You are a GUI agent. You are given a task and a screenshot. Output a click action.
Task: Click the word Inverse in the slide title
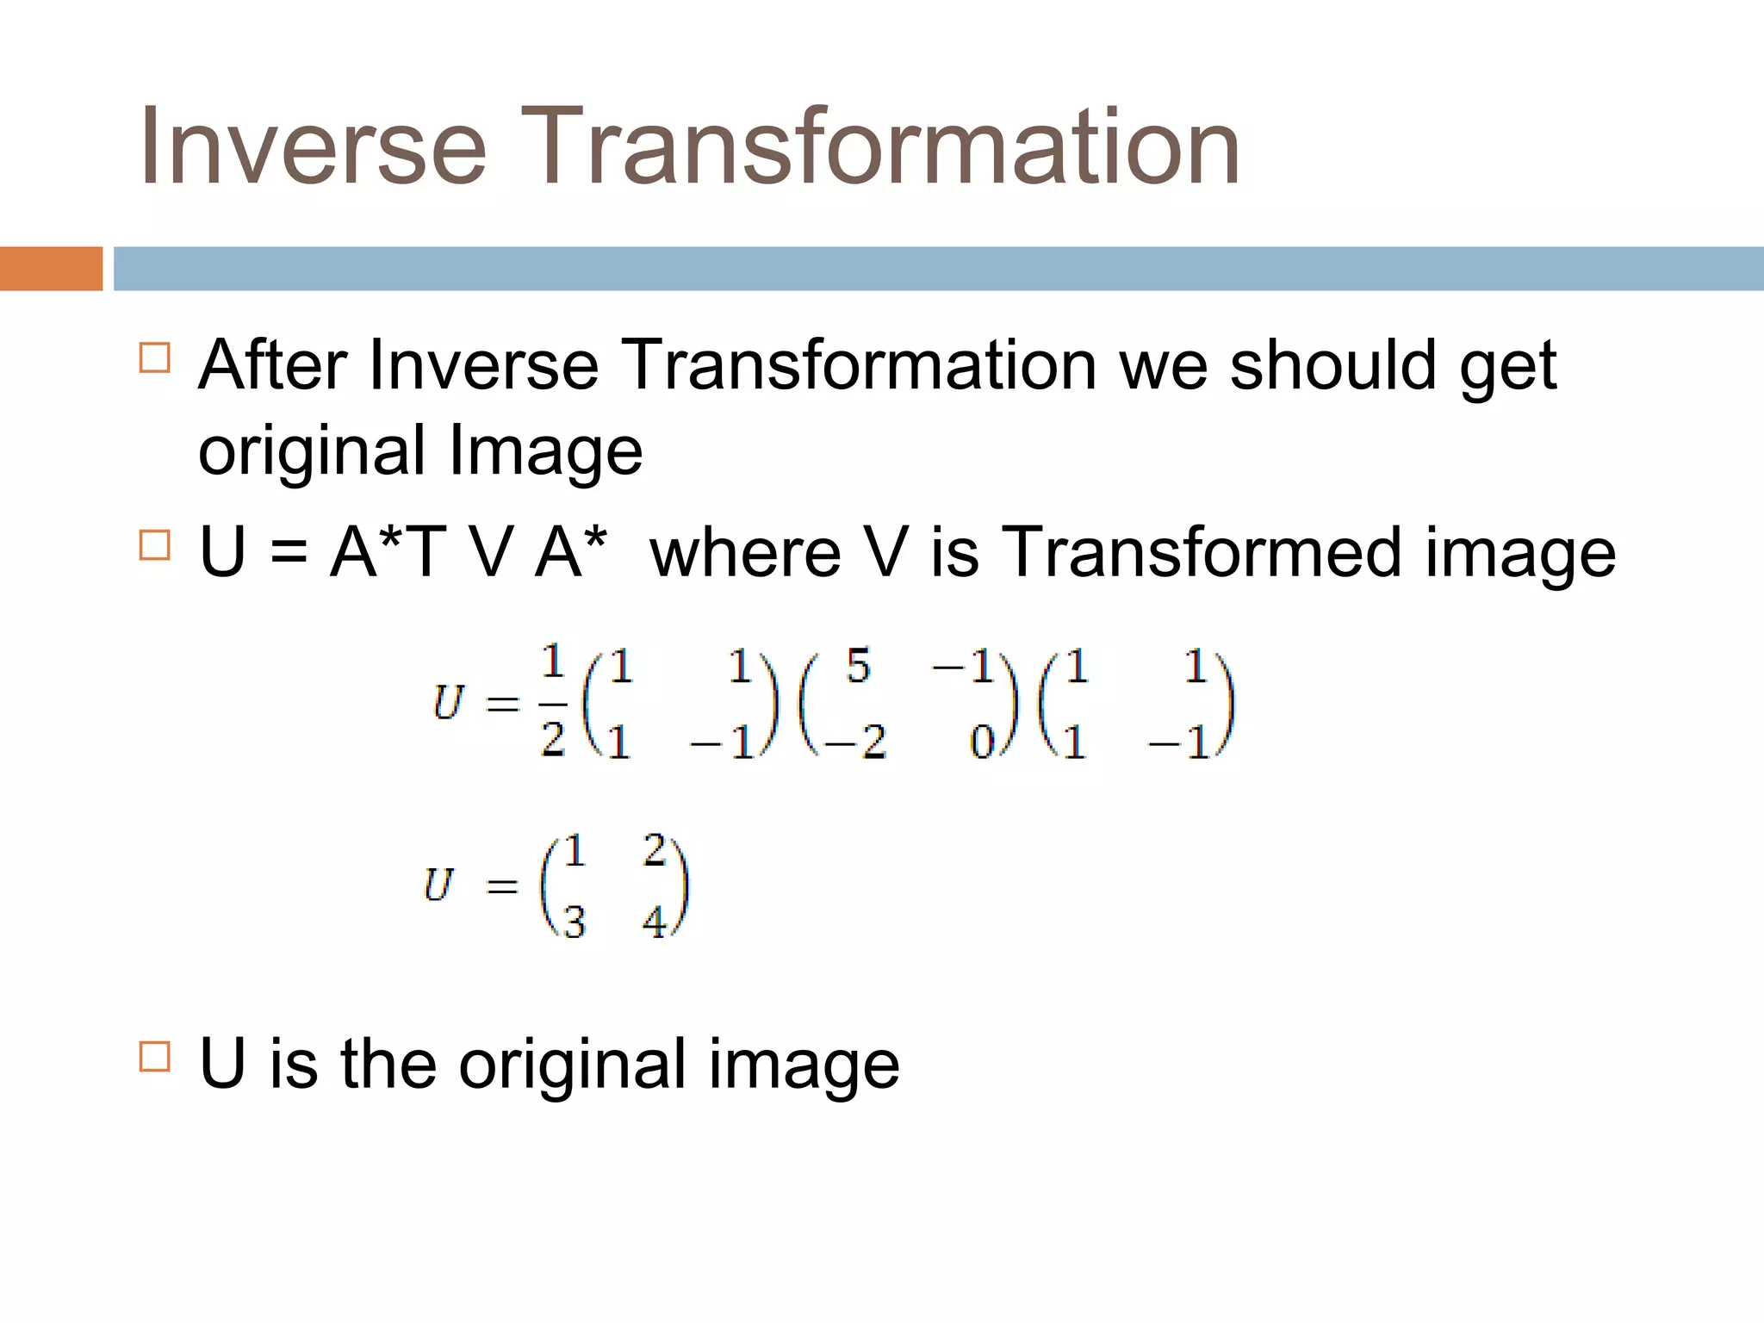point(314,146)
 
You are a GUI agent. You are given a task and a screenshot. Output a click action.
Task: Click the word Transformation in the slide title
point(888,146)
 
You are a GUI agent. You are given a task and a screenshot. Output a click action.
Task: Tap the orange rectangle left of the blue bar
point(51,269)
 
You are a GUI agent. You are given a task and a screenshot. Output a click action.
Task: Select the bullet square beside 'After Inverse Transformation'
point(155,357)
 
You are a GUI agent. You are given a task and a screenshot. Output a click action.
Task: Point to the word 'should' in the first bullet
point(1333,366)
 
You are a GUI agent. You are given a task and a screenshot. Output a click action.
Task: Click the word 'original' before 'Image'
point(312,450)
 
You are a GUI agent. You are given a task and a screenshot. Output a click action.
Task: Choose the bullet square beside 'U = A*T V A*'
point(155,544)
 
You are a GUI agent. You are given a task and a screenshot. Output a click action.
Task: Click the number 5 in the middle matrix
point(858,667)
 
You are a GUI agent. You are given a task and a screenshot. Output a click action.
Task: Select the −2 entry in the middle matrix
point(855,741)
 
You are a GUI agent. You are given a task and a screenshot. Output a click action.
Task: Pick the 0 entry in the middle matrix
point(982,741)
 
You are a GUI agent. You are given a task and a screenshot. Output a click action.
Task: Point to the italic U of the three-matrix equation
point(448,703)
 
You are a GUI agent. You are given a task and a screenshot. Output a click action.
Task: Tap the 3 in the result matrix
point(575,922)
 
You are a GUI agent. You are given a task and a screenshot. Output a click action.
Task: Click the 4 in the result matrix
point(655,922)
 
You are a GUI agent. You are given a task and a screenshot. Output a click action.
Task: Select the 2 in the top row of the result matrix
point(655,851)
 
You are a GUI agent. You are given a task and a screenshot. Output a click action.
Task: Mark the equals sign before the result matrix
point(502,885)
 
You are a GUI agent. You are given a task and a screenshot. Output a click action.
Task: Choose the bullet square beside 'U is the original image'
point(155,1056)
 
